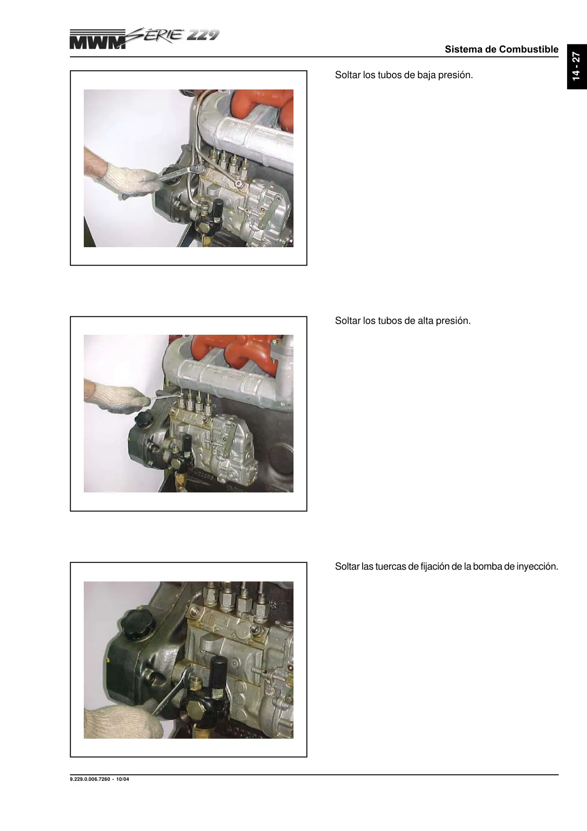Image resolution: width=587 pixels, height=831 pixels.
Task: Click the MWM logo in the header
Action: click(x=98, y=40)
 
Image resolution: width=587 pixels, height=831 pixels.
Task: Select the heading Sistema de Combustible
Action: click(x=501, y=49)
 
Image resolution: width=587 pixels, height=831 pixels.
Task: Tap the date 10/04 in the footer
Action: click(x=123, y=779)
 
